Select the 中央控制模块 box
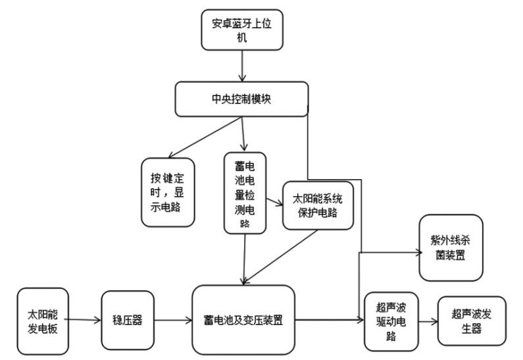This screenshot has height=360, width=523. (242, 99)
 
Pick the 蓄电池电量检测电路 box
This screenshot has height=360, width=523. (245, 192)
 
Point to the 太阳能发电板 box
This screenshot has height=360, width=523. (43, 320)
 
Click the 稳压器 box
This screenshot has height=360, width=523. (122, 321)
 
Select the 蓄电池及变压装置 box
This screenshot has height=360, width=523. (243, 321)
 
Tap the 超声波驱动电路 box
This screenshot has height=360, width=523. (391, 321)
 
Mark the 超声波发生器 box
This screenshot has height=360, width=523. (471, 321)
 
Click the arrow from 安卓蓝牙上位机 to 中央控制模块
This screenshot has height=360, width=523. (243, 66)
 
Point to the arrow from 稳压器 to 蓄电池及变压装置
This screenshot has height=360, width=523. (167, 321)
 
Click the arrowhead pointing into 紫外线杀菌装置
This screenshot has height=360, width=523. (418, 251)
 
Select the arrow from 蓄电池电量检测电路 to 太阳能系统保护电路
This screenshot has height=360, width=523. (274, 200)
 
